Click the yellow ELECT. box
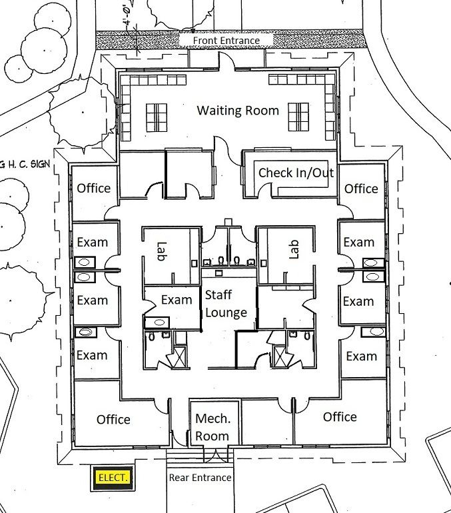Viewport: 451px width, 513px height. pos(112,478)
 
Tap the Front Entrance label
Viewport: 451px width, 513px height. pos(226,41)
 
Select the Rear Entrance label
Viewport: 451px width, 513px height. pos(200,478)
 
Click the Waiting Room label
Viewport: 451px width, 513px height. pos(238,111)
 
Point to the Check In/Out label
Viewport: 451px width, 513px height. pos(296,173)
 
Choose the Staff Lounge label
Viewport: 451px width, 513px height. pos(226,304)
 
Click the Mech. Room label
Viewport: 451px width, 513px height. pos(213,427)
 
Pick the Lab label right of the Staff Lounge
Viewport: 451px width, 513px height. pos(294,249)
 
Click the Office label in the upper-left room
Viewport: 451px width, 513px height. pos(93,188)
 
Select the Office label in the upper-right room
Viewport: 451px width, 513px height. pos(361,189)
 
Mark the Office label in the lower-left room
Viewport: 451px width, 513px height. pos(113,420)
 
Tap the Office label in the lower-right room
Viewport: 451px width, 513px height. pos(340,417)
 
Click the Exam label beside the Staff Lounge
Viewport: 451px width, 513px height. pos(177,300)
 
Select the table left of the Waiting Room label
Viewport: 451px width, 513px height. pos(157,118)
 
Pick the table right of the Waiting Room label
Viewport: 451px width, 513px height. pos(298,117)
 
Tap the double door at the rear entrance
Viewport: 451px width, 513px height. pos(216,456)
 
